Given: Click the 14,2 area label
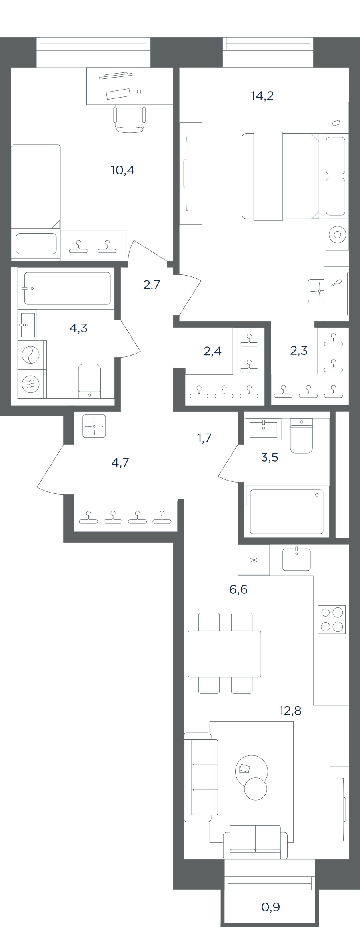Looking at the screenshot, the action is coord(262,96).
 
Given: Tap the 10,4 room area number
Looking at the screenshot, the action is coord(122,170).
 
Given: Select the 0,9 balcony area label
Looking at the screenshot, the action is coord(270,907).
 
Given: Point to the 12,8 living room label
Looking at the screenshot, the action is coord(290,711).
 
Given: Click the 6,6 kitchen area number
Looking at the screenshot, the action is coord(238,589).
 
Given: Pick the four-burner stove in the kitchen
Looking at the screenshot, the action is coord(332,619).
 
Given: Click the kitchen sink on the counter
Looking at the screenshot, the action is coord(296,559).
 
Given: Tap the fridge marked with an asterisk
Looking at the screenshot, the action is coord(254,560).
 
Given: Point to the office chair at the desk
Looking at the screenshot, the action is coord(129,119).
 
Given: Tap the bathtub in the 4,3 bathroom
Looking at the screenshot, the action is coord(67,288).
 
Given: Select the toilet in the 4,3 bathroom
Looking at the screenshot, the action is coord(90,381).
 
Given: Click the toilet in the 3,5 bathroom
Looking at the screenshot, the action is coord(301,436).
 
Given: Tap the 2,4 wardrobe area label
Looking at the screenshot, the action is coord(212,351).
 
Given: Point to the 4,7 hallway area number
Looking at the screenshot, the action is coord(120,463).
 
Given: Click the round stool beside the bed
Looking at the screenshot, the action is coord(337,235).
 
